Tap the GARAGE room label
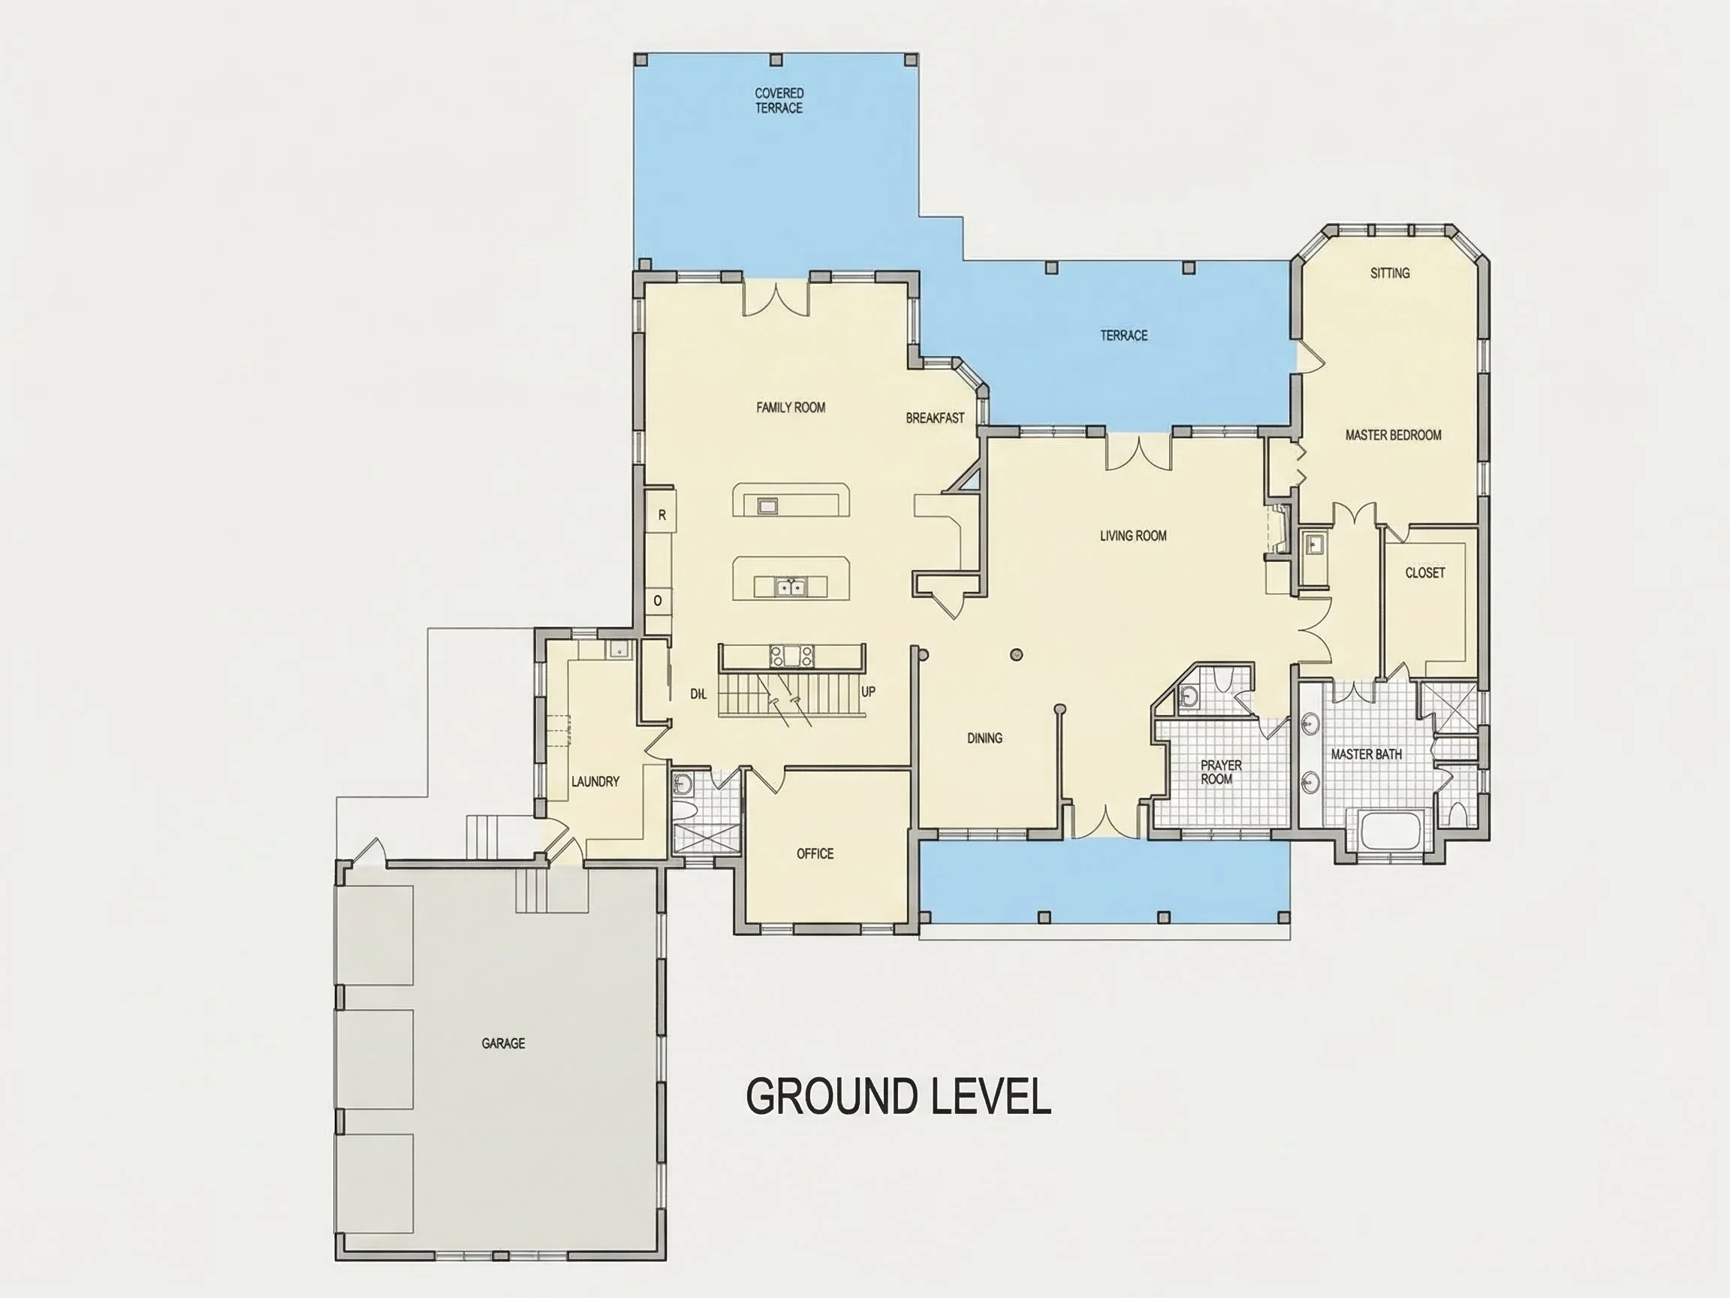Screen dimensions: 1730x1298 tap(503, 1043)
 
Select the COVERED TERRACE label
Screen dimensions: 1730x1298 tap(779, 101)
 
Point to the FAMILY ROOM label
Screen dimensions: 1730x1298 tap(791, 408)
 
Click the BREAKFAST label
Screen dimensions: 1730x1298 tap(935, 418)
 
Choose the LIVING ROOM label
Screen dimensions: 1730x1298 tap(1133, 536)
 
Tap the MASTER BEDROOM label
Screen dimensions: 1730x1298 tap(1393, 435)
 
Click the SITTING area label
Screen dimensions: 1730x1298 tap(1390, 273)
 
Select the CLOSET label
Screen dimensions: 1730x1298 tap(1425, 572)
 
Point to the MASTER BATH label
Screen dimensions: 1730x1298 tap(1367, 754)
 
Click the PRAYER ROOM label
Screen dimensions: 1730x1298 tap(1220, 772)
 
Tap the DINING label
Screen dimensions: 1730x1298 tap(984, 738)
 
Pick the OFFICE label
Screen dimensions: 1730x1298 tap(815, 853)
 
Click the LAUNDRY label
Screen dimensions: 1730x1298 tap(595, 782)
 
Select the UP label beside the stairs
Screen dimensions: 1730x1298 tap(868, 693)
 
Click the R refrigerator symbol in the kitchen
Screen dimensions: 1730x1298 tap(662, 515)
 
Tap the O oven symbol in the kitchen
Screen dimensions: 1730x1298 tap(658, 601)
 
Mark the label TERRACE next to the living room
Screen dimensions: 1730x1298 tap(1124, 336)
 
